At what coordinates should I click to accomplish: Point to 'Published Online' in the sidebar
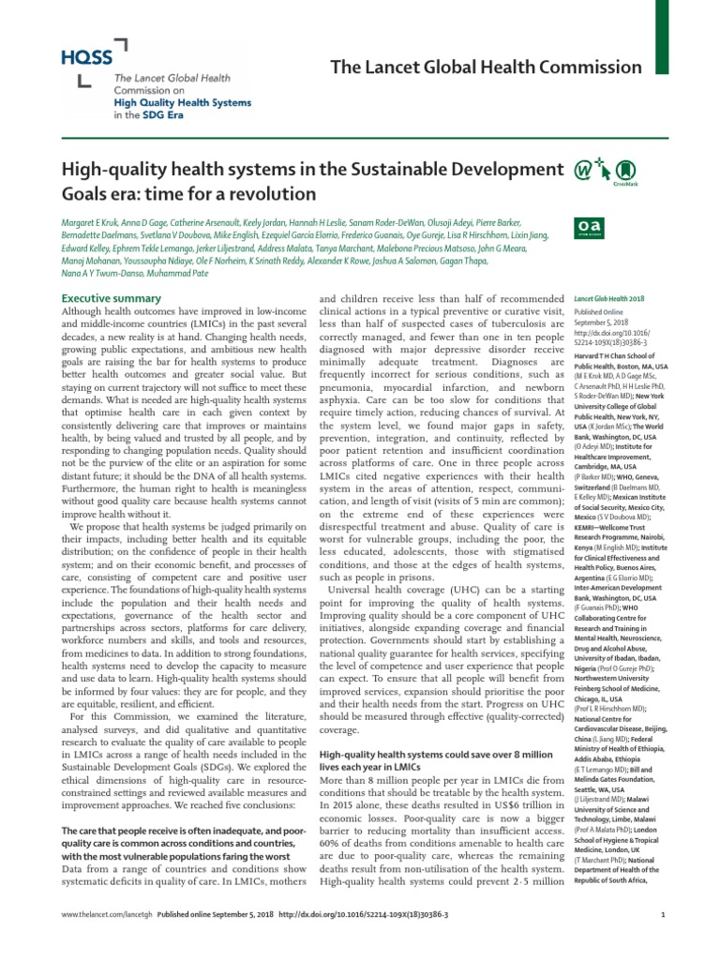[x=596, y=313]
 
